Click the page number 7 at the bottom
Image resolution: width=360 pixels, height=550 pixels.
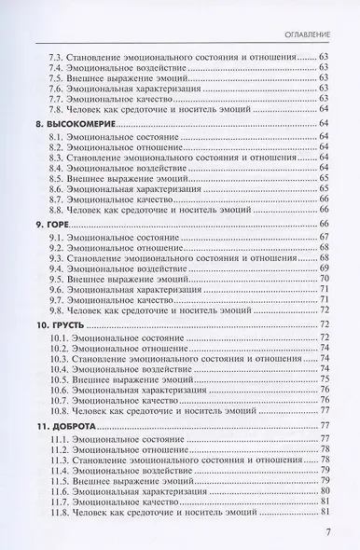point(328,532)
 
